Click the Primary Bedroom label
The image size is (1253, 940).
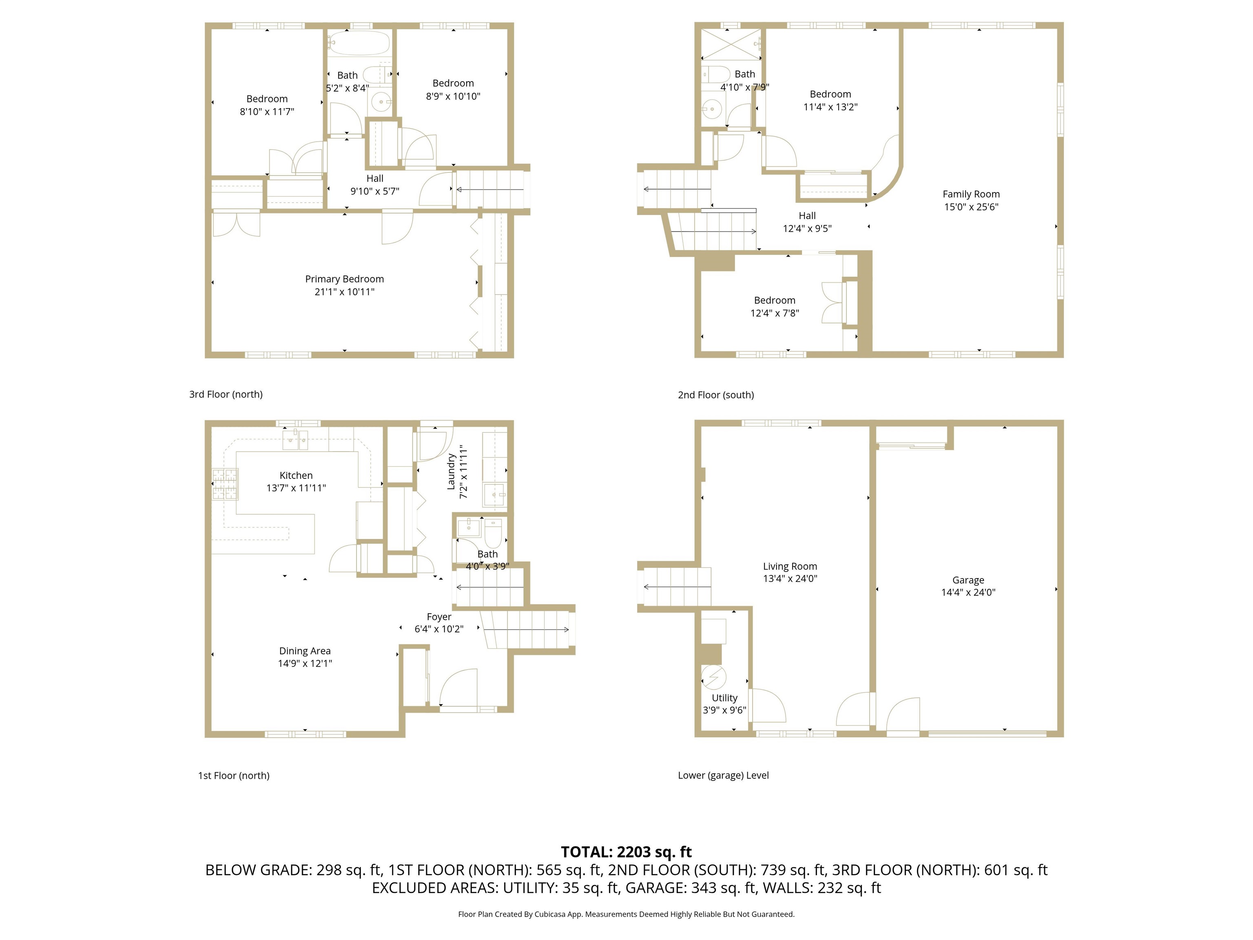(344, 279)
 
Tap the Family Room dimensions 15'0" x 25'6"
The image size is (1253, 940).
(971, 207)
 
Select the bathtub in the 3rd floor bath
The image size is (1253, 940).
(359, 43)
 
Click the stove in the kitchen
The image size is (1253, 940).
(225, 484)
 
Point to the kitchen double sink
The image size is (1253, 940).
(296, 439)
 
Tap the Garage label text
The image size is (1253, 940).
(968, 580)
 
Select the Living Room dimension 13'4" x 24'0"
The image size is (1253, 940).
(790, 579)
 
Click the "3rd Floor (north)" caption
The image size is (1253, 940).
(226, 395)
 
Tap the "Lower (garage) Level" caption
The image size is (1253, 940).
(723, 775)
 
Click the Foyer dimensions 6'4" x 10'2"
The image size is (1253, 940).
(439, 629)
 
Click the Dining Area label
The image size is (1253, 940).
(305, 651)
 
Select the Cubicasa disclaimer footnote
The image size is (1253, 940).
(626, 914)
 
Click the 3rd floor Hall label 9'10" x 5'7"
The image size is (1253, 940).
(374, 185)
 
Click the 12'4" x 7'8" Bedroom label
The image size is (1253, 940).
(774, 306)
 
